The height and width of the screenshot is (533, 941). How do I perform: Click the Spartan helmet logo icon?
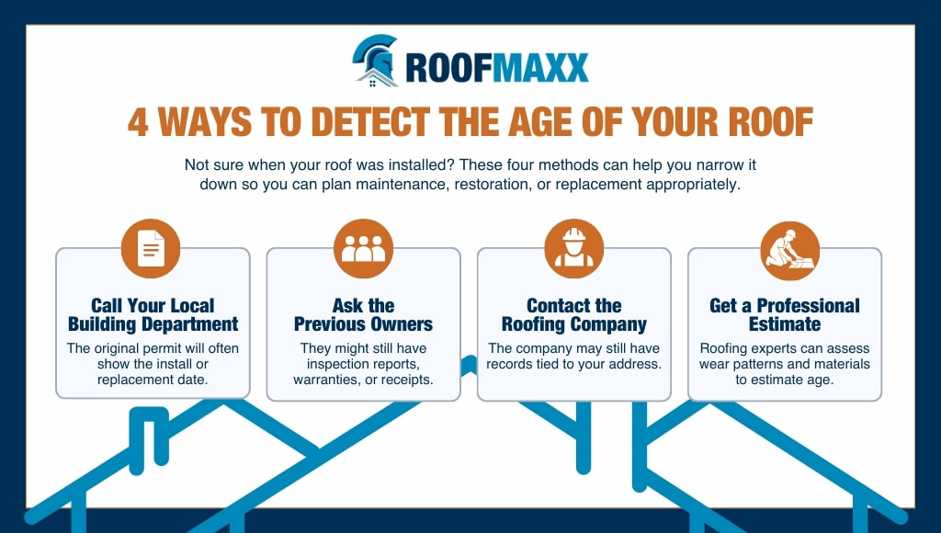point(375,61)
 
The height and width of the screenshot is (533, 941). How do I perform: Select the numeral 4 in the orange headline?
point(138,122)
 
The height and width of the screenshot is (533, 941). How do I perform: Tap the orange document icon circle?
point(151,248)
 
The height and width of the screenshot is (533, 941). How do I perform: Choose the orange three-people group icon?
point(364,248)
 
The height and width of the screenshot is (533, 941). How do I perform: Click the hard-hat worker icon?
point(574,248)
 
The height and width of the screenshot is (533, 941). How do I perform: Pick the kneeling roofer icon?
point(789,251)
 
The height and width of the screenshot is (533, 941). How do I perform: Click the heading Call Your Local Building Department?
point(153,314)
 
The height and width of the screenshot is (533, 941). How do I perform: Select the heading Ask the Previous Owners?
point(364,314)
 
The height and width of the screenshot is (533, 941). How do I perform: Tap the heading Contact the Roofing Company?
point(574,314)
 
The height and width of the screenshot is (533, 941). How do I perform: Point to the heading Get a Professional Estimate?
point(785,314)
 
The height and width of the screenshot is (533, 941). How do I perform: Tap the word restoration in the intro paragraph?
point(492,185)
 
